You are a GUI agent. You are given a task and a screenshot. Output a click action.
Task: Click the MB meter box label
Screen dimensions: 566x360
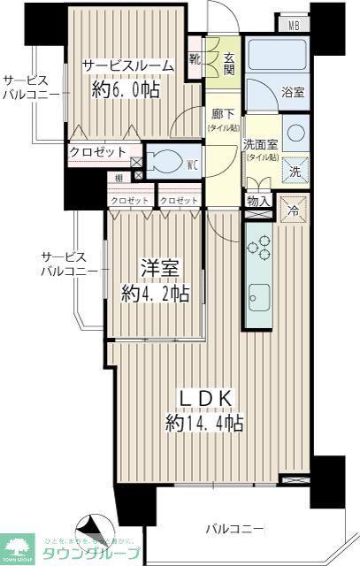[x=294, y=25]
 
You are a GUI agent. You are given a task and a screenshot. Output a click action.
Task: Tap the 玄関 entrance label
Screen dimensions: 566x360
[x=227, y=63]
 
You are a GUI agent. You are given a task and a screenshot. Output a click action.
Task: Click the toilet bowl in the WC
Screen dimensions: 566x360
[x=164, y=163]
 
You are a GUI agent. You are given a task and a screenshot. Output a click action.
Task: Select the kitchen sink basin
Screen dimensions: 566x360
[x=259, y=297]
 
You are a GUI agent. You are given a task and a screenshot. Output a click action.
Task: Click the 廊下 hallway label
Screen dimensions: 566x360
[x=222, y=116]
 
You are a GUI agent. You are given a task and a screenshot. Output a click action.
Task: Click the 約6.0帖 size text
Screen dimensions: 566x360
[x=124, y=89]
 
